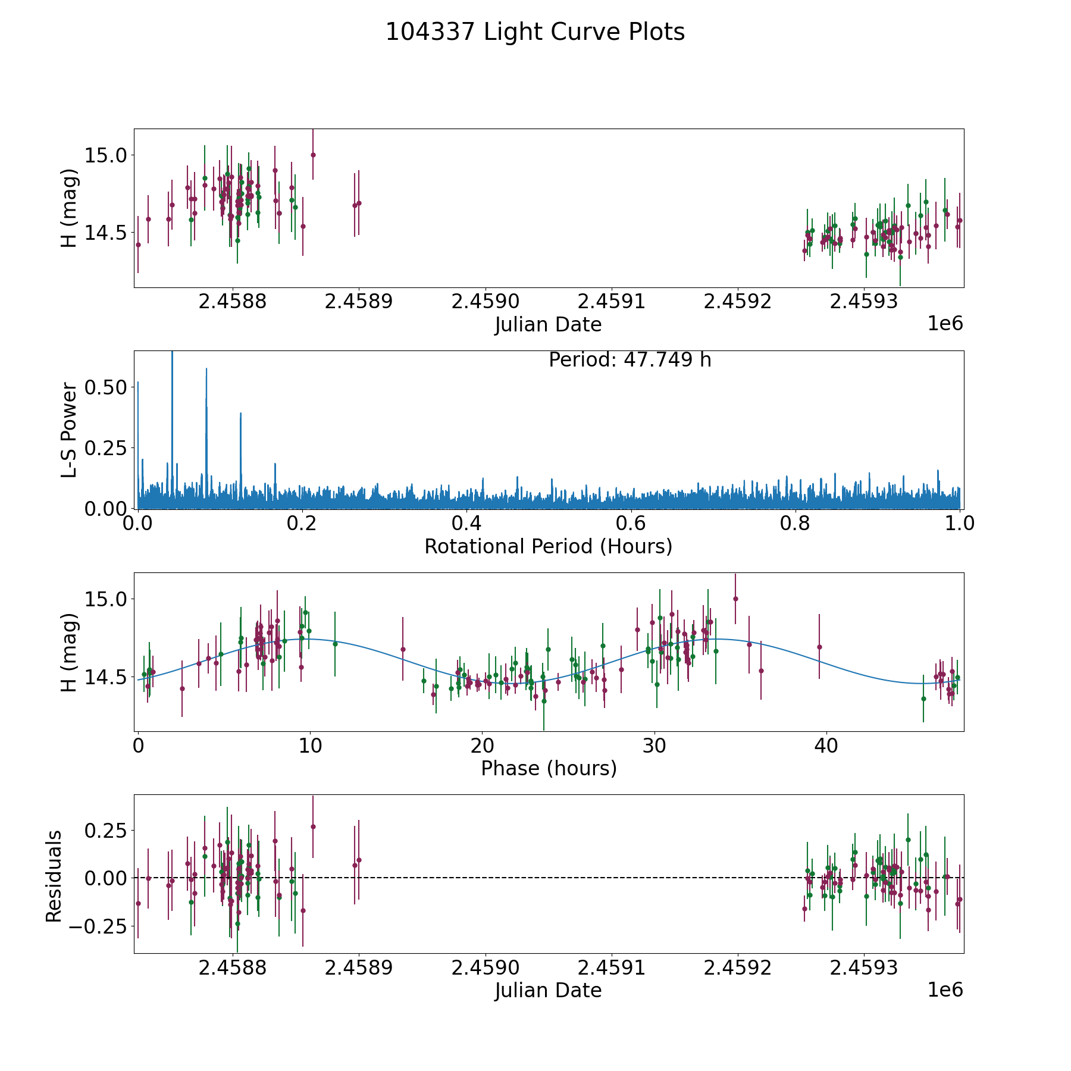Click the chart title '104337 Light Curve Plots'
click(x=535, y=32)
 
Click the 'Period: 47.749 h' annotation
click(x=630, y=360)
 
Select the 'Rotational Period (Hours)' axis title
click(x=548, y=546)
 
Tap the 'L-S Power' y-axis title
click(x=69, y=430)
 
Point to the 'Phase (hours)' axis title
click(x=548, y=768)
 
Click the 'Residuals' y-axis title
click(x=54, y=876)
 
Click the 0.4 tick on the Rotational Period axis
click(x=466, y=524)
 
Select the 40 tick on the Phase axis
click(x=826, y=746)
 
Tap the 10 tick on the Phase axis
click(x=310, y=746)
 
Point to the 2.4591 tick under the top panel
click(x=612, y=302)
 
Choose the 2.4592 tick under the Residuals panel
click(x=738, y=968)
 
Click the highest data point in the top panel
click(x=313, y=155)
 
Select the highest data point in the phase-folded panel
click(x=735, y=599)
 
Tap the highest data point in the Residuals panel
click(x=313, y=826)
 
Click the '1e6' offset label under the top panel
click(x=945, y=324)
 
